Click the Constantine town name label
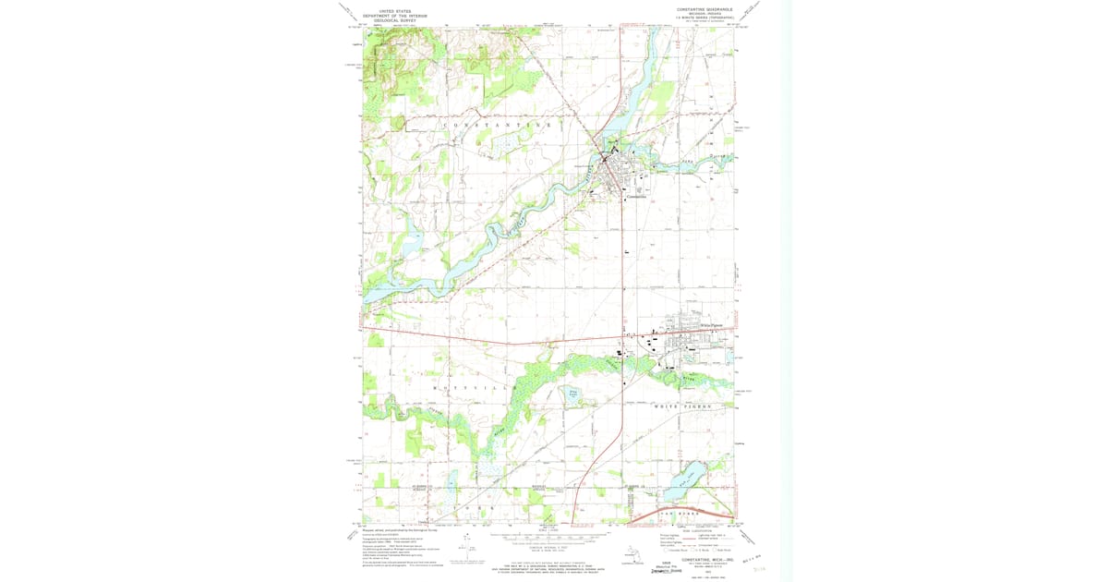pyautogui.click(x=636, y=197)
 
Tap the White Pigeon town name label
pyautogui.click(x=712, y=325)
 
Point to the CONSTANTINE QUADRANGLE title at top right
pyautogui.click(x=705, y=9)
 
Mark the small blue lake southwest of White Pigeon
pyautogui.click(x=573, y=395)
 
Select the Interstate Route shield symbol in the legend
pyautogui.click(x=664, y=549)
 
